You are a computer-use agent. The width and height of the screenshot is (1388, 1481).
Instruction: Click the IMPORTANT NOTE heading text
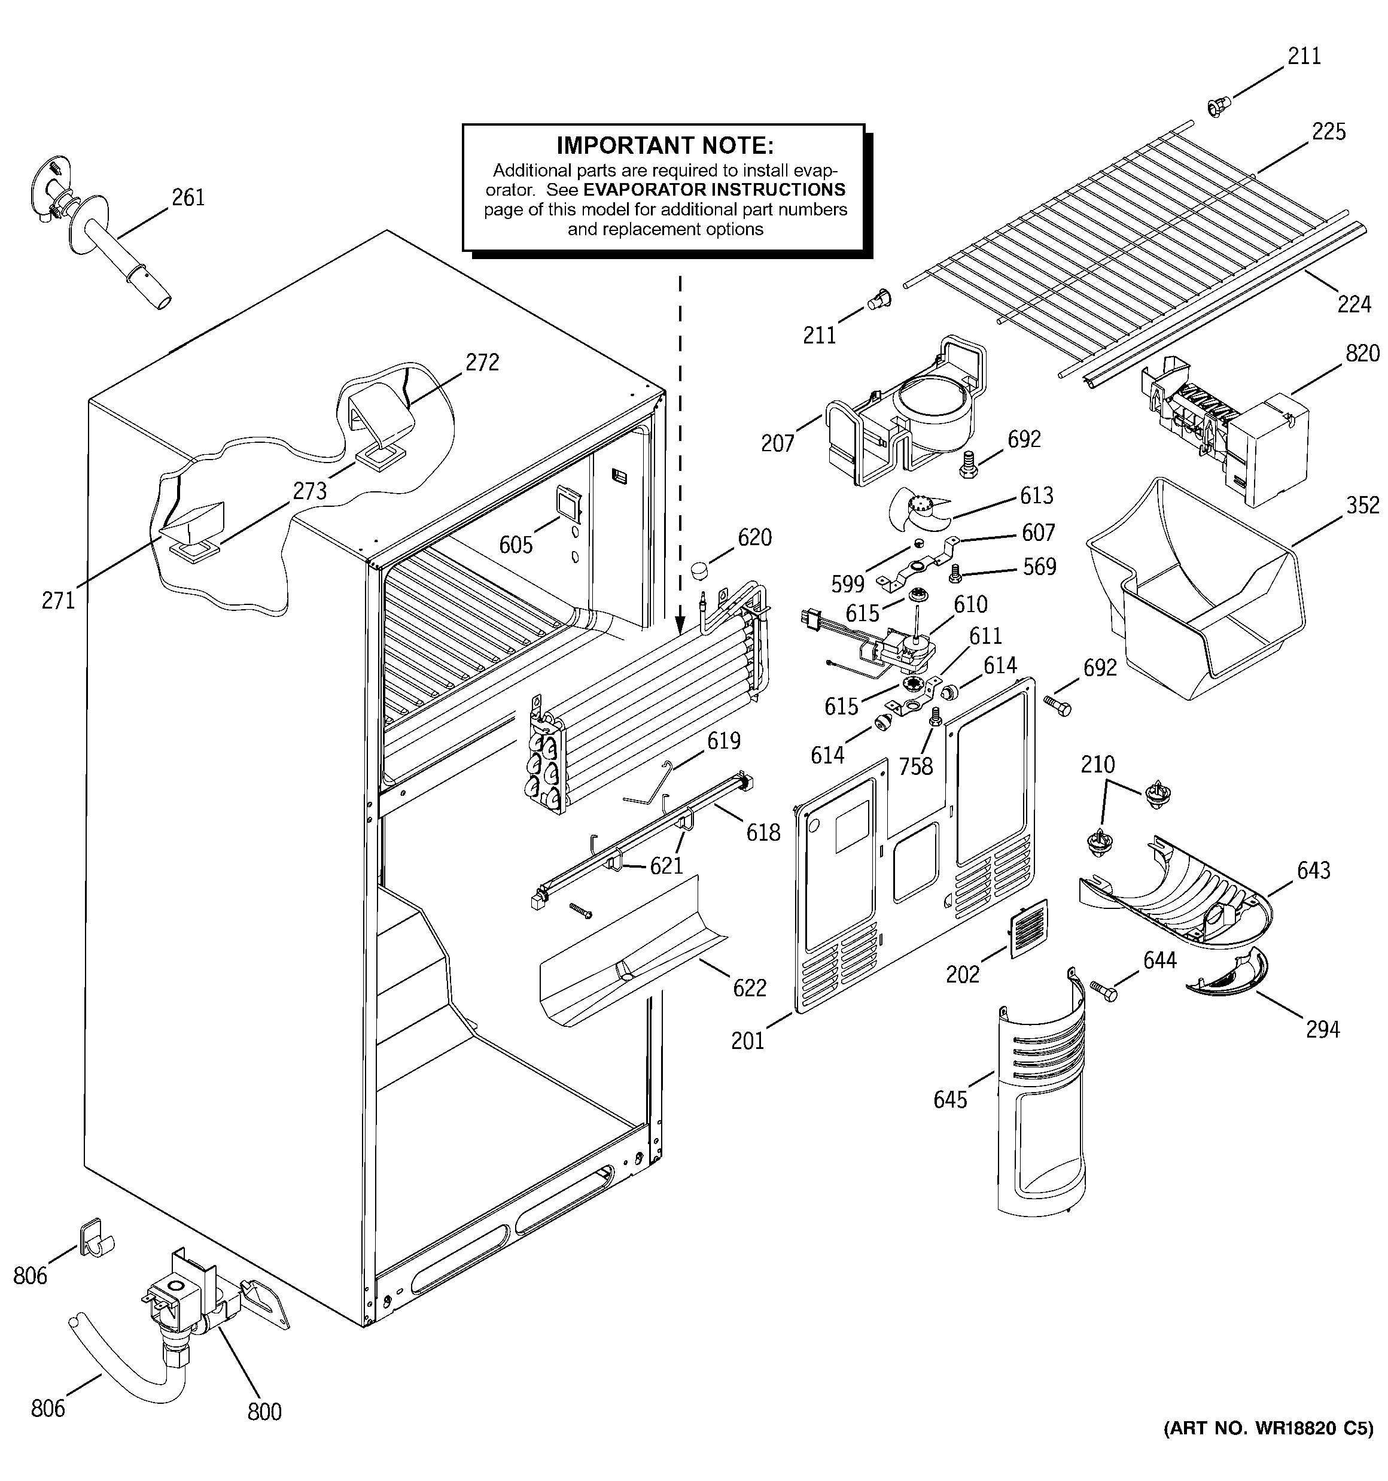[665, 145]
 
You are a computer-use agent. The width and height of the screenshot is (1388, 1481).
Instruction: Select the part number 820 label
[1363, 353]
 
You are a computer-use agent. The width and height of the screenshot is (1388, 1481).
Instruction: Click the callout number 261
[188, 197]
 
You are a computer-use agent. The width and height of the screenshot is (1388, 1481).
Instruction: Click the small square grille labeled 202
[1029, 929]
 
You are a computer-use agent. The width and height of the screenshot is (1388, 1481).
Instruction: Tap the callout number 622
[750, 988]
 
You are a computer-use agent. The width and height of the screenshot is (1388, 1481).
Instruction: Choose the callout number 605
[516, 545]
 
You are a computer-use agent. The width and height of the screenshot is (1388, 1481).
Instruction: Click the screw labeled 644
[1104, 991]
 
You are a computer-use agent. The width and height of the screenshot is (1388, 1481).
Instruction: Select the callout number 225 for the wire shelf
[1328, 132]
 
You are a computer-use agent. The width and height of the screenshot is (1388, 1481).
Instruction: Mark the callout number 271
[58, 600]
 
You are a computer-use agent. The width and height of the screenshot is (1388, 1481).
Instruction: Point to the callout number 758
[915, 766]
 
